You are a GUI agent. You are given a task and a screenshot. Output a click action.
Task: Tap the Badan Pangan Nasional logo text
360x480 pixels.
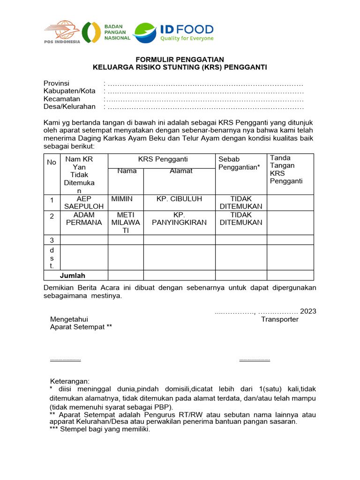[117, 32]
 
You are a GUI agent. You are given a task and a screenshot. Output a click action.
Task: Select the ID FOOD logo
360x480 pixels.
[173, 32]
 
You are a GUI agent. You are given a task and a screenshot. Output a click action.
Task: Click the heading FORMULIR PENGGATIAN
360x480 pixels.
[180, 60]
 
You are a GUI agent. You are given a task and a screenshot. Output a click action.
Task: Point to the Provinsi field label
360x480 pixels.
[57, 83]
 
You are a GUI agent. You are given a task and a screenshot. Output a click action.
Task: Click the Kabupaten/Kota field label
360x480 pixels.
[69, 91]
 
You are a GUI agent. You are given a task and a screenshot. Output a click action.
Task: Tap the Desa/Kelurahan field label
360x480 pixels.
[69, 106]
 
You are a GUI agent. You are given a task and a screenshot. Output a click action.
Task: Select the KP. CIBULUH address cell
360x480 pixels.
[179, 199]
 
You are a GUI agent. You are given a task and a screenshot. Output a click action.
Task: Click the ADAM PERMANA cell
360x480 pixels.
[84, 219]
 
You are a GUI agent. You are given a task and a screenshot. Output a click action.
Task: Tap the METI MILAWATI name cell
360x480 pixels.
[126, 223]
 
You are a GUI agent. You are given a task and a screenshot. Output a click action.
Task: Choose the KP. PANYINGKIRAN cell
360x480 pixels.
[179, 219]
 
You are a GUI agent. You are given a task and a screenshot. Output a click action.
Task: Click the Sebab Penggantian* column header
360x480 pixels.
[239, 163]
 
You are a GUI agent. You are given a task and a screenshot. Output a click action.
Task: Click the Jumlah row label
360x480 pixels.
[72, 276]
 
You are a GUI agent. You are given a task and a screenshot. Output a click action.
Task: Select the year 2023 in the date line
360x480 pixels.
[308, 311]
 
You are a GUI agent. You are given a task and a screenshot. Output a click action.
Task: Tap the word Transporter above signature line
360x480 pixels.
[279, 319]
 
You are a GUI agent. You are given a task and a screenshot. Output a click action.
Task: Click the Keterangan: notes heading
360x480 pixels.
[69, 381]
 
